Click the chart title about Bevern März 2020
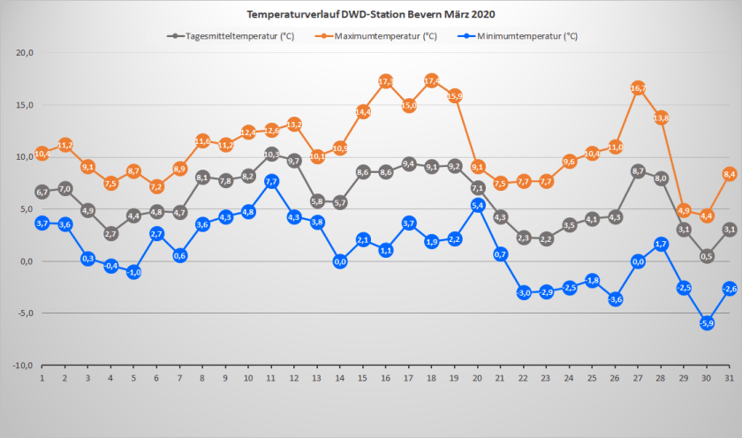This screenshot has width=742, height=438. coord(371,15)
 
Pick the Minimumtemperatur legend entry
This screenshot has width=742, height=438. coord(526,36)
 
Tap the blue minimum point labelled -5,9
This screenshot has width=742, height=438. coord(707,323)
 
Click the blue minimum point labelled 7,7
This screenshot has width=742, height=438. coord(271,181)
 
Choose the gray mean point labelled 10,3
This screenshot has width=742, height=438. coord(271,155)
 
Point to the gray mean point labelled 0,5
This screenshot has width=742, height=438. coord(707,256)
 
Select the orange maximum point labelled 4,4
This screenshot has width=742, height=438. coord(707,215)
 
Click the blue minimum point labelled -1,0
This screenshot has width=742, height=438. coord(133,272)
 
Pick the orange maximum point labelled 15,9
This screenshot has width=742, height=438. coord(455,95)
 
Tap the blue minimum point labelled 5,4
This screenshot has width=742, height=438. coord(478,205)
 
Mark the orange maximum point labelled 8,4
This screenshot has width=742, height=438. coord(730,174)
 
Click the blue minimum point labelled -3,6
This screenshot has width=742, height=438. coord(615,298)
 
